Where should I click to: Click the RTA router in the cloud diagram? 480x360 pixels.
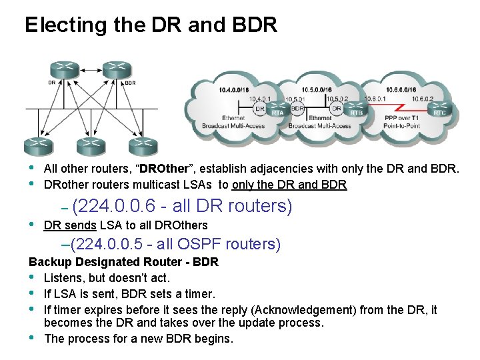pos(277,111)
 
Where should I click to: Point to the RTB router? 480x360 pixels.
pos(356,111)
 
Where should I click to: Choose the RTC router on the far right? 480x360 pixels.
pos(439,111)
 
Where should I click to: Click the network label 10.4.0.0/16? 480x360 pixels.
pos(234,90)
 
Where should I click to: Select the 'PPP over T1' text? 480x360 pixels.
pos(401,119)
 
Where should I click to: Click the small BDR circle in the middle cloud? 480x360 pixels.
pos(298,107)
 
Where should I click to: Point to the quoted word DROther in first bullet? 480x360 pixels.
pos(163,169)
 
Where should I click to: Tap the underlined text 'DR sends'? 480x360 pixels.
pos(69,225)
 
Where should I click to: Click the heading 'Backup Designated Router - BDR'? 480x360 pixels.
pos(123,262)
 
